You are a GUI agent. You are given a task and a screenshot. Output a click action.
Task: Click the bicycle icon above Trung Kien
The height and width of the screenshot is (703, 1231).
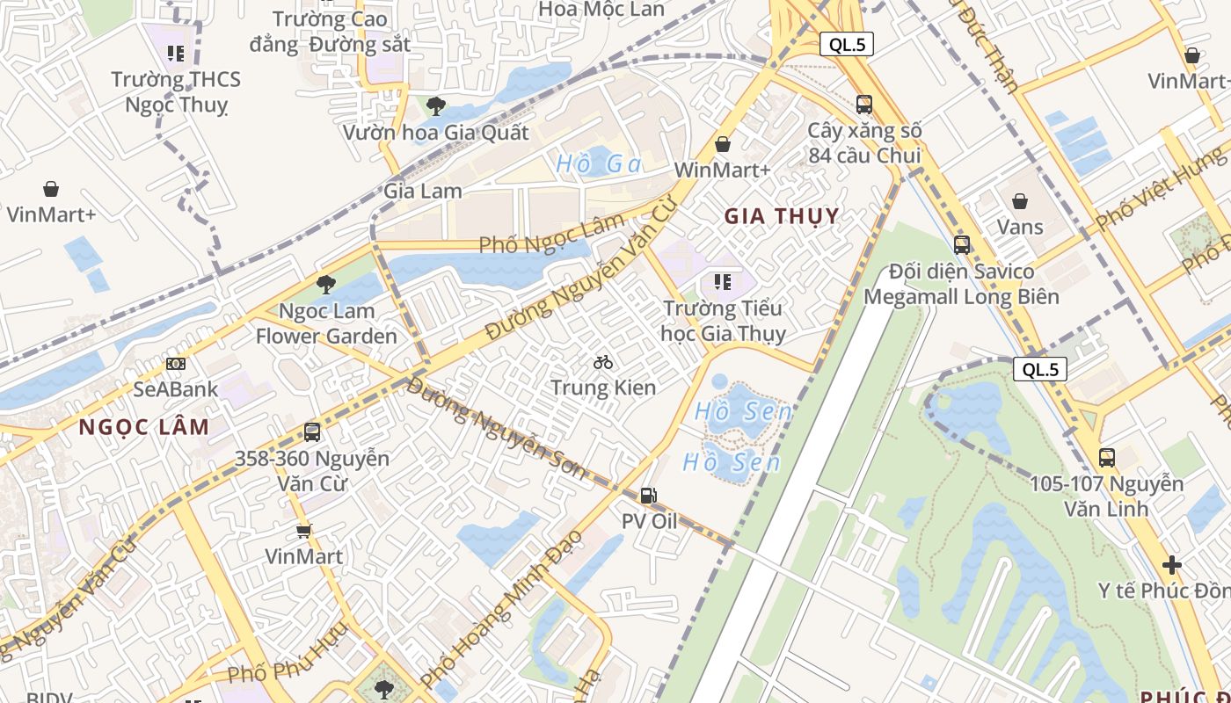(x=603, y=361)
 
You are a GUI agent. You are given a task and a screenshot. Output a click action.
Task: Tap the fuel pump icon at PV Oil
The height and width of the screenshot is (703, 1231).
(x=649, y=496)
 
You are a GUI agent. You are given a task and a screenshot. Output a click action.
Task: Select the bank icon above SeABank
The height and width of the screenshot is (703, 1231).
(x=176, y=363)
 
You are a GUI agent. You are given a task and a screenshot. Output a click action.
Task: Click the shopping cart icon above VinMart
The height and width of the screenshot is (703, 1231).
(x=304, y=530)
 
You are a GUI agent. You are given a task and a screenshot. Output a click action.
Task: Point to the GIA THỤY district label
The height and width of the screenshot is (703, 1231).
(x=782, y=215)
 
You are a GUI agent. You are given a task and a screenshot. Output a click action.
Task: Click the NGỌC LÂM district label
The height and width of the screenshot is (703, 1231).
(x=144, y=427)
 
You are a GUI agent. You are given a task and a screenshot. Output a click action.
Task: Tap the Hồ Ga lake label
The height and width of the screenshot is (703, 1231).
(x=599, y=163)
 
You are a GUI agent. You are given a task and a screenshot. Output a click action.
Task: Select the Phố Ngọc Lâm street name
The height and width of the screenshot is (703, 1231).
(x=551, y=233)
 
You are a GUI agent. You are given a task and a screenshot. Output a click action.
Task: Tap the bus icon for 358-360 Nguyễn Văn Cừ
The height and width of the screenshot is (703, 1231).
(x=312, y=431)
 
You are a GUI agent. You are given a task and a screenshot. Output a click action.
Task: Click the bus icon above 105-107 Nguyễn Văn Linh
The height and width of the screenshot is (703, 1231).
(x=1106, y=457)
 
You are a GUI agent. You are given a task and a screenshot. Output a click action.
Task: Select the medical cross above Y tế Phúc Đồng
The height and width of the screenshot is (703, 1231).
(x=1171, y=564)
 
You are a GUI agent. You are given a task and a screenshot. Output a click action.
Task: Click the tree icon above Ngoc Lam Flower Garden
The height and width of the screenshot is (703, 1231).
(x=326, y=284)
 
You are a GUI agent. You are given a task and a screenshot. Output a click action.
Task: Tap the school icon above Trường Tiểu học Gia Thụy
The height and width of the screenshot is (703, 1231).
(x=723, y=282)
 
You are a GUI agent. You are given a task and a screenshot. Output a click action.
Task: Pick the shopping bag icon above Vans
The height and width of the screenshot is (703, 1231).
(x=1020, y=201)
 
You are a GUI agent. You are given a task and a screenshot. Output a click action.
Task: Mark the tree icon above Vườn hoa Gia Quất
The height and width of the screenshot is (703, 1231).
(x=435, y=106)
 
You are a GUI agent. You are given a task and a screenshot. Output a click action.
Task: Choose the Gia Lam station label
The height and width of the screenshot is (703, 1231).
(x=423, y=190)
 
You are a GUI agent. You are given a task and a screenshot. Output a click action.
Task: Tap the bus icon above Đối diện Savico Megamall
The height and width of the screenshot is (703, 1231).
(x=962, y=244)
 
